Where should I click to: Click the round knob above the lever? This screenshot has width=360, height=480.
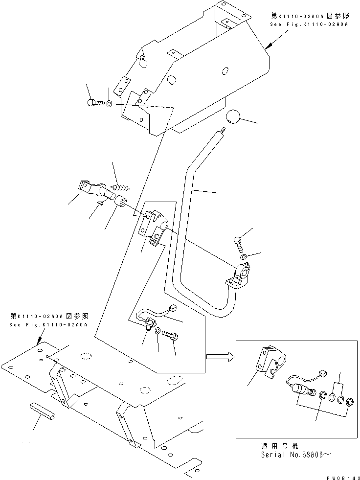234,117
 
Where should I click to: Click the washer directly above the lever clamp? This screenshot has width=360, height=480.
243,257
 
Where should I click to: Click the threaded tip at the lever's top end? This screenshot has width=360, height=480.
223,130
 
